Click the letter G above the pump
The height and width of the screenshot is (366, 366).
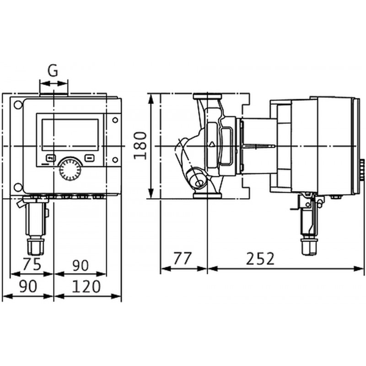coord(53,70)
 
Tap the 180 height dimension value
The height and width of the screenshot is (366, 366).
coord(140,145)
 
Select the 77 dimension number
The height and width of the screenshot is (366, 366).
coord(182,258)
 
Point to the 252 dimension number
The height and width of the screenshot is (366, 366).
coord(260,258)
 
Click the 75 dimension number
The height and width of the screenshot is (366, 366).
coord(32,264)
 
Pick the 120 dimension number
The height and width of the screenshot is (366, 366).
coord(86,286)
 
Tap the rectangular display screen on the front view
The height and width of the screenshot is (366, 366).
coord(70,135)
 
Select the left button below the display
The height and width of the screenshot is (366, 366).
coord(51,158)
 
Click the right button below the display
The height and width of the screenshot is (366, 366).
coord(90,158)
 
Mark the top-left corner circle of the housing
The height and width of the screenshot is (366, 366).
coord(18,105)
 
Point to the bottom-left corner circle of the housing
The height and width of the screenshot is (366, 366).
coord(18,187)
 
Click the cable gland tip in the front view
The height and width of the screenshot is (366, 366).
coord(36,246)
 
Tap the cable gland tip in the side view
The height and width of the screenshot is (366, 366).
coord(308,247)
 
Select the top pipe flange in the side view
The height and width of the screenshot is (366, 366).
coord(207,96)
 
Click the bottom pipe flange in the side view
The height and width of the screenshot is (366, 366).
coord(207,196)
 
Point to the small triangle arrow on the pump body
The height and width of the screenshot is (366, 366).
coord(212,144)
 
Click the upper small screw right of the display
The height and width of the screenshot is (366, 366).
coord(115,120)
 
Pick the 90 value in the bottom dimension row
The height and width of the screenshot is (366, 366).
coord(28,286)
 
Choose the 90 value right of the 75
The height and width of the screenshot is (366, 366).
coord(80,265)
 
